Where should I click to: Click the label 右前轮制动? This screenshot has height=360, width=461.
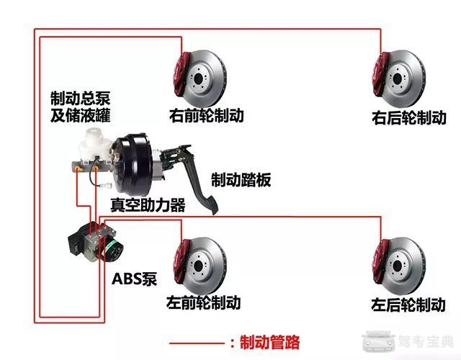point(207,115)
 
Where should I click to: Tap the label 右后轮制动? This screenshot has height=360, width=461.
point(409,117)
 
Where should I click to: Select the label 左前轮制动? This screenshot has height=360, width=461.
point(203,302)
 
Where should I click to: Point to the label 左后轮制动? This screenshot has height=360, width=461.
point(408,305)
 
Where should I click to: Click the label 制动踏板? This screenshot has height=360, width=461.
point(241,179)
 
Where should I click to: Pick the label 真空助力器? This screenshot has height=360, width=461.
point(148,204)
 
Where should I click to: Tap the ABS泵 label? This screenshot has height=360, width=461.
point(135,279)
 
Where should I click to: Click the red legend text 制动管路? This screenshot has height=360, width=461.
point(270,342)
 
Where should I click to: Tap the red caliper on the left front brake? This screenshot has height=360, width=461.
point(179,261)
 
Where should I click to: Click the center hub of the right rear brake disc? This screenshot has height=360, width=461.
point(397,78)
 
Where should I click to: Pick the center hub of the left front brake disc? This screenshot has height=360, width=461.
point(198,266)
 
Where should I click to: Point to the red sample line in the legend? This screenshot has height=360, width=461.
point(197,343)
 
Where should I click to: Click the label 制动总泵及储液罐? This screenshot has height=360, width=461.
point(80,107)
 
